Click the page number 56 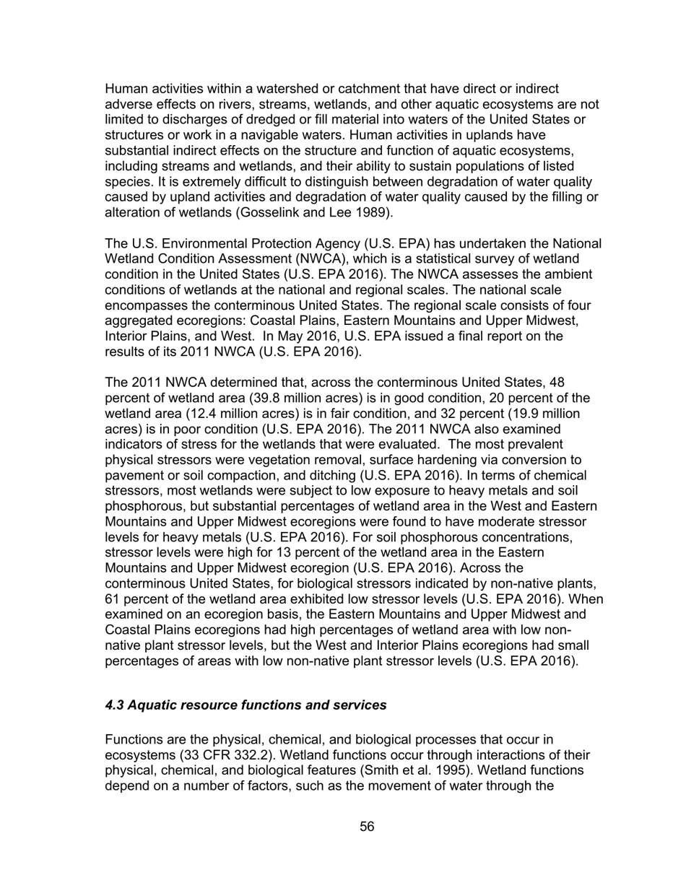(x=367, y=827)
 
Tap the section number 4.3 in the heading (x=116, y=705)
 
